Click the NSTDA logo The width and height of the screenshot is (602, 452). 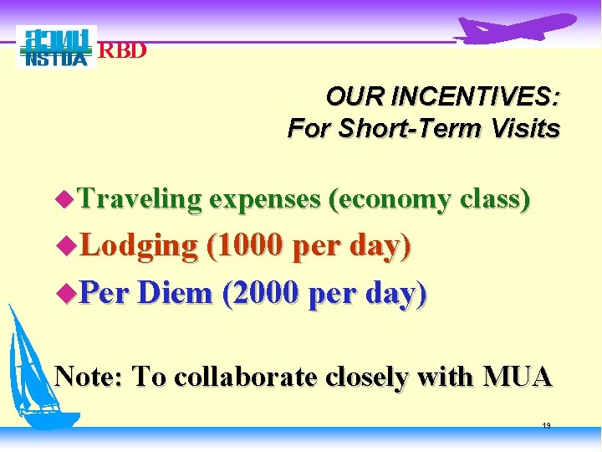56,48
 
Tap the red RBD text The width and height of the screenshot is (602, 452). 123,50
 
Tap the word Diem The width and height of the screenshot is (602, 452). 176,294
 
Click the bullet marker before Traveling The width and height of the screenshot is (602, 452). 64,200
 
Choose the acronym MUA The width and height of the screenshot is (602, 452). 518,377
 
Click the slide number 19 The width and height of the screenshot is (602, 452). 546,426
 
